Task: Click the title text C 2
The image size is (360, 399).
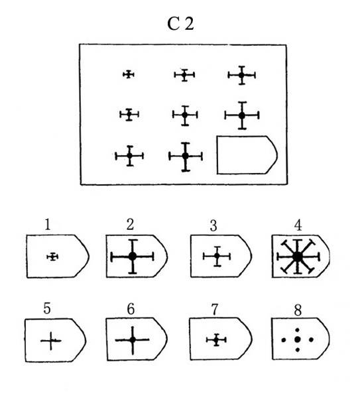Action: (180, 23)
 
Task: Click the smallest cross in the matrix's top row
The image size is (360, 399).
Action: (129, 74)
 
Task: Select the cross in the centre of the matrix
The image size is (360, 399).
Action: (185, 115)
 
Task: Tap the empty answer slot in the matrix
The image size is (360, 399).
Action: (247, 155)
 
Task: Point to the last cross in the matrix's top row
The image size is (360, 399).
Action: (241, 75)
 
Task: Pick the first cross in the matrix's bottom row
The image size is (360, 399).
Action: (129, 156)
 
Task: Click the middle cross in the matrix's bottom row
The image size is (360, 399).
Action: (186, 156)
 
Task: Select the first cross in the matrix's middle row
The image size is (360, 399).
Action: (129, 115)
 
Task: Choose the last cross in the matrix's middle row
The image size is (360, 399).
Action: (242, 115)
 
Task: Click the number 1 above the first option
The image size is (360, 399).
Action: (48, 225)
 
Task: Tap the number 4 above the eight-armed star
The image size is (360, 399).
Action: (298, 225)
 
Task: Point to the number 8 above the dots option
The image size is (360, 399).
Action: (298, 310)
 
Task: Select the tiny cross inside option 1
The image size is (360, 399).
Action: (52, 256)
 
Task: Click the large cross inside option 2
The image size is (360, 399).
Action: (133, 256)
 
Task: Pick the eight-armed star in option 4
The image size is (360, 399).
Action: (298, 256)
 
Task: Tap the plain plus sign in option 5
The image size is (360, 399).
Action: (51, 341)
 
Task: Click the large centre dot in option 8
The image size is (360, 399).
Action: (298, 339)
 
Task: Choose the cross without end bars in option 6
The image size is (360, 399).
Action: (133, 340)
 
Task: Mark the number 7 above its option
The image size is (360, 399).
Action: (215, 310)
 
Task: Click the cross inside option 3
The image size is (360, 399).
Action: (217, 256)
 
